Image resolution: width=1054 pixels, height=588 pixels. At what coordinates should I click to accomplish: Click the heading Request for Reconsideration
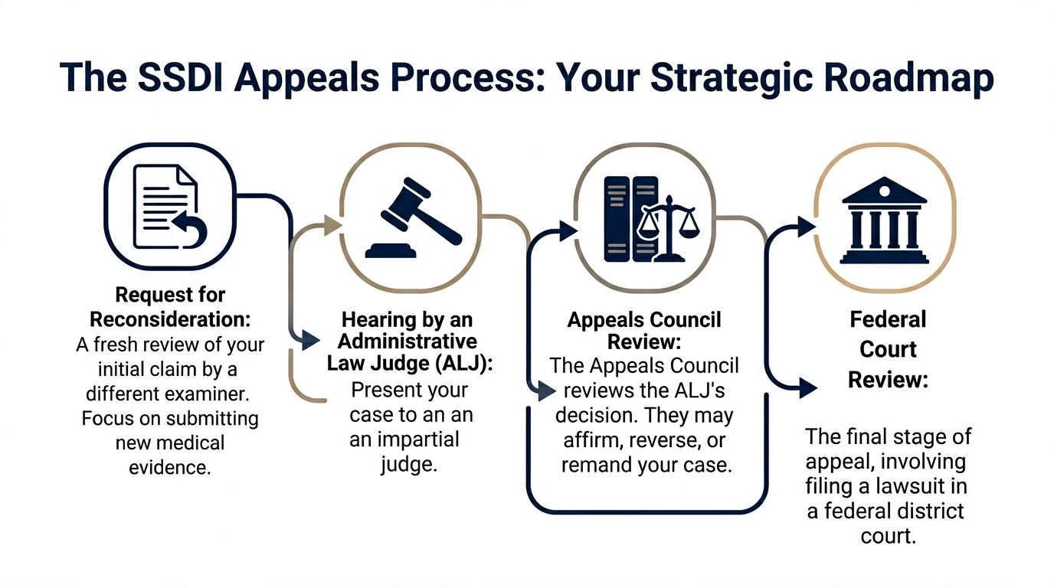click(170, 305)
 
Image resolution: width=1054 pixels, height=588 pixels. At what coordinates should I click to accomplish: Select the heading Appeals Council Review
click(644, 331)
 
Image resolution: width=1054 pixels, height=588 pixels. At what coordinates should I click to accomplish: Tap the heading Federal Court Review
click(888, 349)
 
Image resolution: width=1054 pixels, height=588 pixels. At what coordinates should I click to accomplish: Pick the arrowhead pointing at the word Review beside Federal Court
click(807, 387)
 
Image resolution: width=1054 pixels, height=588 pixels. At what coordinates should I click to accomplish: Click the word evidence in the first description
click(170, 466)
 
